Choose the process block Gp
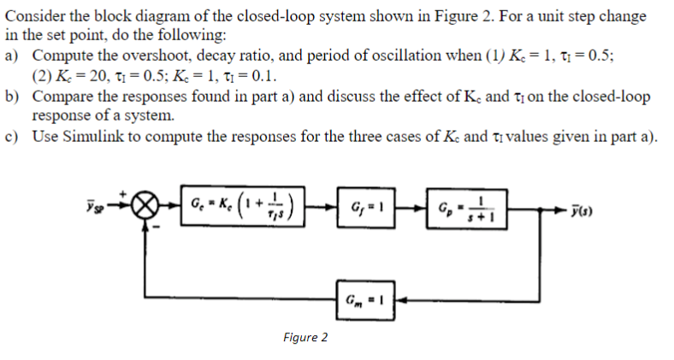461,206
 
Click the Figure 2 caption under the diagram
304,336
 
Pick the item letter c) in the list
11,140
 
